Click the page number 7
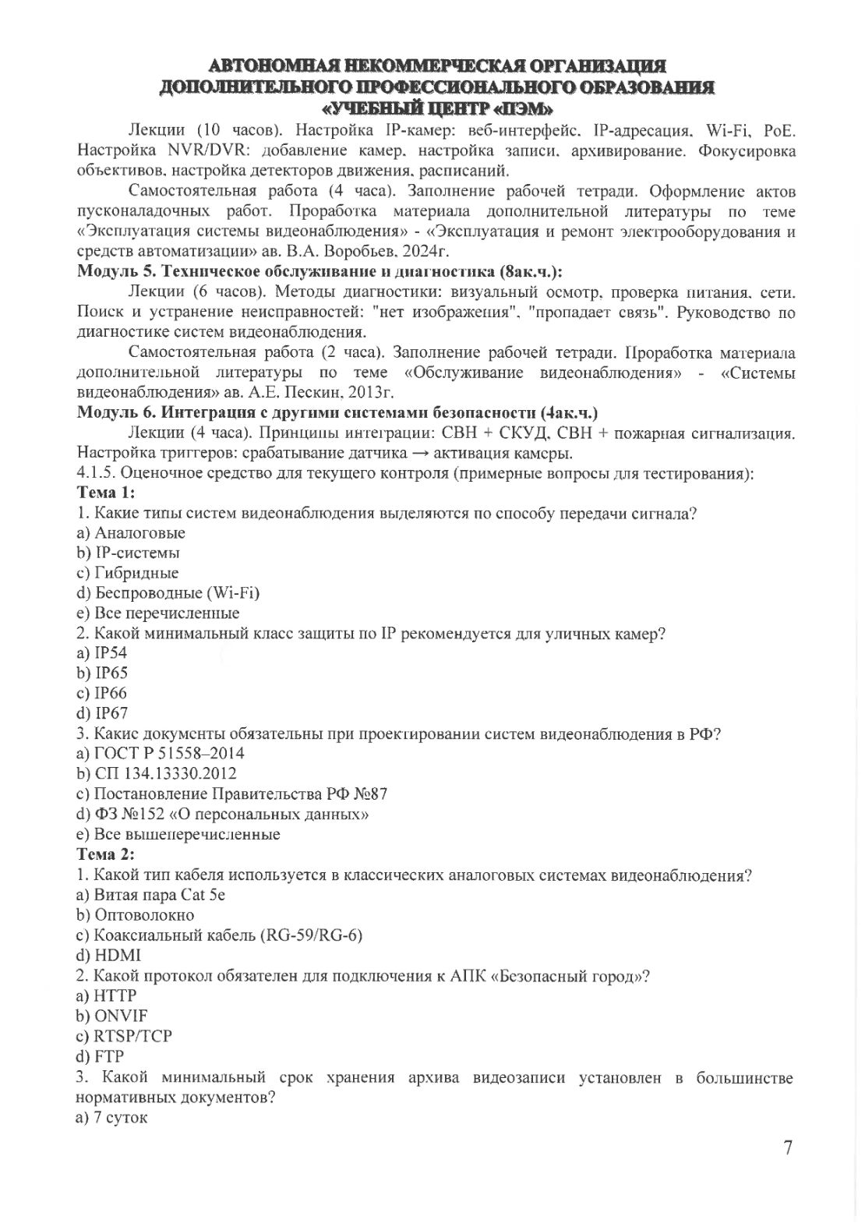click(788, 1147)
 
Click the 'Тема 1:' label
click(106, 493)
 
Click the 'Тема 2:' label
click(106, 854)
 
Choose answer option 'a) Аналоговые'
click(131, 533)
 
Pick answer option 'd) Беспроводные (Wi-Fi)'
click(168, 593)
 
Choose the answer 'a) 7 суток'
click(112, 1118)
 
